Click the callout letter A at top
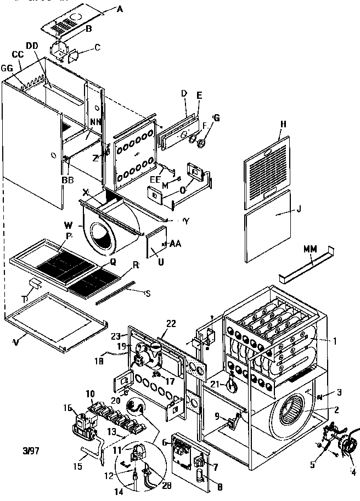120,9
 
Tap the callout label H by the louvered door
283,125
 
